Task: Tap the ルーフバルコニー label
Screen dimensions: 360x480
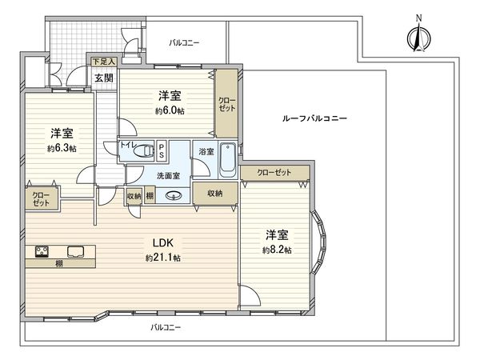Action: [314, 118]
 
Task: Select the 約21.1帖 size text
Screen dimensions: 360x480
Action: [163, 258]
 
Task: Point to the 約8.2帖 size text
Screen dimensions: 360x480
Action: [277, 250]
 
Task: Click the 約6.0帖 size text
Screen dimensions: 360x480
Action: [170, 111]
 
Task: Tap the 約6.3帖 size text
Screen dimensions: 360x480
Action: [62, 148]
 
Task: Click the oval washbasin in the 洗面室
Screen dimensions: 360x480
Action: [170, 195]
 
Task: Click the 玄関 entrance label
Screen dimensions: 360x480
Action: [103, 78]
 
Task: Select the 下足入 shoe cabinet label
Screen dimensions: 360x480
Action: [104, 61]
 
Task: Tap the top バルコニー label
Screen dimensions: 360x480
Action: [184, 42]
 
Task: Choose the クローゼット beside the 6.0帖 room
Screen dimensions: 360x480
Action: [226, 102]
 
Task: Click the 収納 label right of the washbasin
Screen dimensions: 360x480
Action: [214, 194]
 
